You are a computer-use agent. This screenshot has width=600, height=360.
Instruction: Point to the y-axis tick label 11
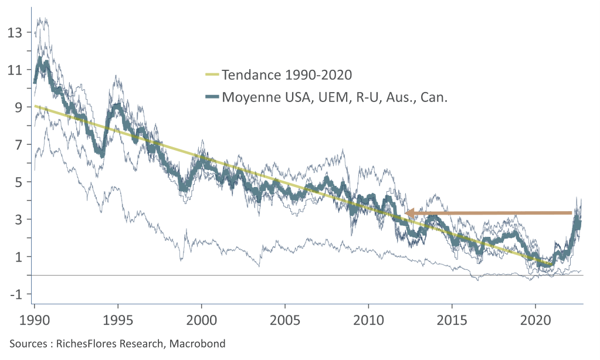click(15, 70)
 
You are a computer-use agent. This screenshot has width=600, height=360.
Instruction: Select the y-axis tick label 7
click(18, 144)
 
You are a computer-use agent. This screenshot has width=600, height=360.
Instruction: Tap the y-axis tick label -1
click(16, 294)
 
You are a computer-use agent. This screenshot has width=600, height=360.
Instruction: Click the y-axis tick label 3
click(18, 219)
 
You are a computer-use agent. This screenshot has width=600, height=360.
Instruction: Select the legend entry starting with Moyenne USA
click(334, 97)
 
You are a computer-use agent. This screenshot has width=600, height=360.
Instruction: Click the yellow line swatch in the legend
click(209, 75)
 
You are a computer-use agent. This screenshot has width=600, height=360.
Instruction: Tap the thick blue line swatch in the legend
click(209, 97)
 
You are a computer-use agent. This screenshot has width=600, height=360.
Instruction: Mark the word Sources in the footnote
click(27, 344)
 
